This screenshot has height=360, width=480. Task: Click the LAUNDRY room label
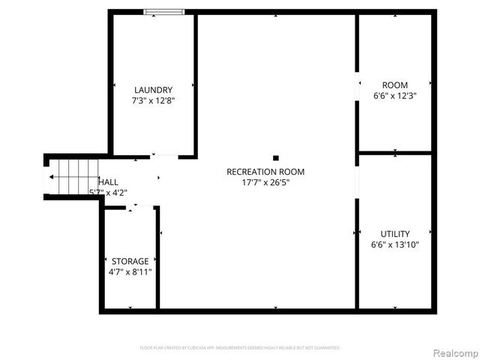(153, 89)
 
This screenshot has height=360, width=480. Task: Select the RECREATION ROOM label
(265, 172)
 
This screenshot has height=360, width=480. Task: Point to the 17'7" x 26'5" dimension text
(265, 182)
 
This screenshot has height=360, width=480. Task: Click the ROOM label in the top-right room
(394, 85)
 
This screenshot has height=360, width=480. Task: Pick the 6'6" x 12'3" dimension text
(394, 96)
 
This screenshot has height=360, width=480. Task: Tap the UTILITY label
(394, 234)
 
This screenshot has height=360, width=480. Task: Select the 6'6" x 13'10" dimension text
(394, 244)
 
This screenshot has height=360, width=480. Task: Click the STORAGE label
(130, 261)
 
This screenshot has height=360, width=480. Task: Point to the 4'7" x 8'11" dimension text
(130, 271)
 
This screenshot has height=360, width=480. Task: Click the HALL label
(108, 181)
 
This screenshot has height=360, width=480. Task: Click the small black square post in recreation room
(276, 157)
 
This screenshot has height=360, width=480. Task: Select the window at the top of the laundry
(165, 11)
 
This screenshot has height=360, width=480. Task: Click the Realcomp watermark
(451, 352)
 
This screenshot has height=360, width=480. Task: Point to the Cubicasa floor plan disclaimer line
(240, 348)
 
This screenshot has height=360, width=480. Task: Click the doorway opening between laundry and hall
(164, 156)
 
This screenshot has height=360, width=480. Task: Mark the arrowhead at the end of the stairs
(51, 177)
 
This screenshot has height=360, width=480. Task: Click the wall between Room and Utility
(395, 153)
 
